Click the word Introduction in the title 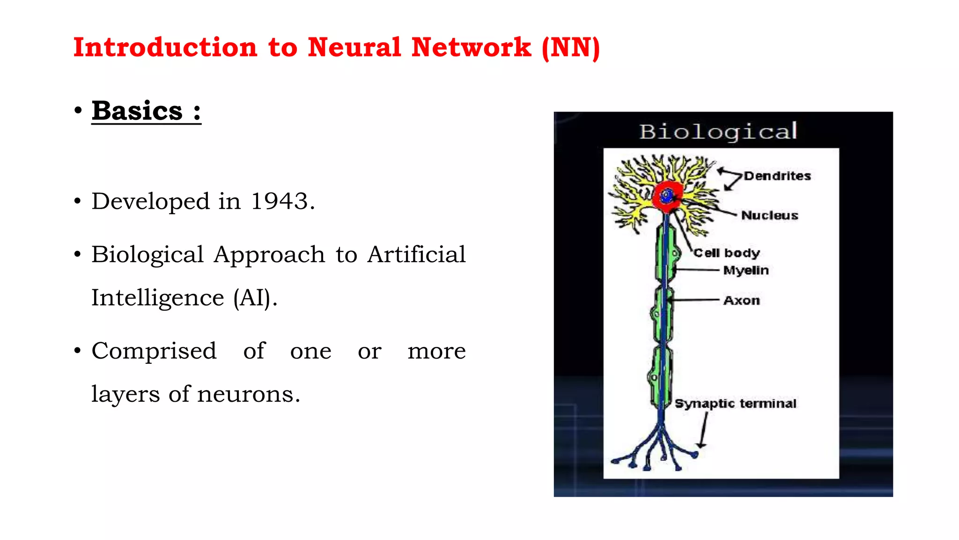tap(165, 48)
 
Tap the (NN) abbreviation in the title tap(570, 48)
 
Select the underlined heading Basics tap(137, 111)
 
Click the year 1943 tap(280, 202)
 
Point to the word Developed tap(150, 202)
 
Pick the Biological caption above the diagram tap(718, 131)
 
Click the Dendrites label tap(777, 176)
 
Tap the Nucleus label tap(769, 215)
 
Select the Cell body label tap(726, 253)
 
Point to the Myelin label tap(746, 270)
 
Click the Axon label tap(741, 300)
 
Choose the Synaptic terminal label tap(735, 404)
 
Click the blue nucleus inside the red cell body tap(666, 195)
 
